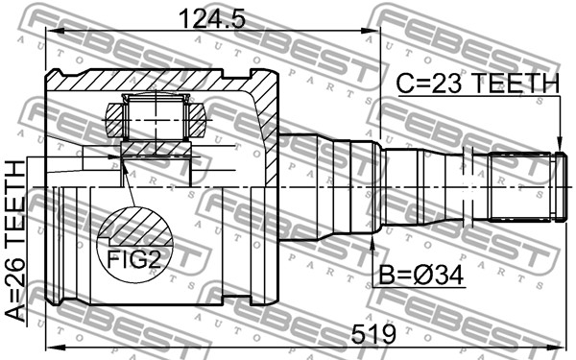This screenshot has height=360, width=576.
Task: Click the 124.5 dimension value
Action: point(211,19)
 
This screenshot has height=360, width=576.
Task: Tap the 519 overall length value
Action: point(373,334)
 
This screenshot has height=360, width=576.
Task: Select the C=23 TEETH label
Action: point(477,83)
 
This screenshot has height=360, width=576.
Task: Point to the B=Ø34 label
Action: point(421,276)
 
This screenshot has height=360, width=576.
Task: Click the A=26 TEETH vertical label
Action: point(15,241)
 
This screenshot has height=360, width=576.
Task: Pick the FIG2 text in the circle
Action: point(133,259)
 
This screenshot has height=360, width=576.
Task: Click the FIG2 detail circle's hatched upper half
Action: point(135,226)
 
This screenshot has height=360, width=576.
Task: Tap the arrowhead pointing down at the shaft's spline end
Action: point(559,144)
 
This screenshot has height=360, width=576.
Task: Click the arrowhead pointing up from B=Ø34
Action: point(372,242)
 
